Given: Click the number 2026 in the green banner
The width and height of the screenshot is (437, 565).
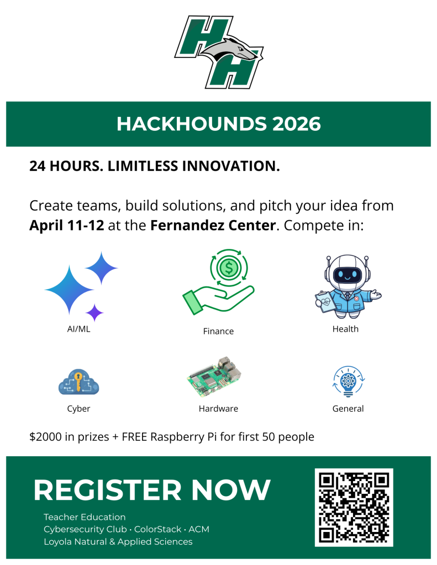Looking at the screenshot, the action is tap(297, 124).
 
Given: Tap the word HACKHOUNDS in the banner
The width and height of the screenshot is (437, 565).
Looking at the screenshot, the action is tap(192, 124).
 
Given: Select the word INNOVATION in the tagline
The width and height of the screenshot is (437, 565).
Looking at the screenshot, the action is tap(231, 166).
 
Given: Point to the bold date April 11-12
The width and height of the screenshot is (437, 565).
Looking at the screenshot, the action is tap(67, 226).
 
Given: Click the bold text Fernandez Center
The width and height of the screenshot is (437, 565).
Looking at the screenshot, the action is tap(213, 226).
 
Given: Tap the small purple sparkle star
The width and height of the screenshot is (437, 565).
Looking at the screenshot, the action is tap(94, 312).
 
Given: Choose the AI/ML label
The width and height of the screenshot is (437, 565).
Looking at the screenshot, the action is tap(78, 329).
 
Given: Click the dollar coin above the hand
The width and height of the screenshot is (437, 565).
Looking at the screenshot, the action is tap(229, 268).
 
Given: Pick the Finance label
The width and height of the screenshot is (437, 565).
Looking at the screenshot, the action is tap(218, 331).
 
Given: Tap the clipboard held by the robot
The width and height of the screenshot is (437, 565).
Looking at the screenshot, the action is tap(325, 301).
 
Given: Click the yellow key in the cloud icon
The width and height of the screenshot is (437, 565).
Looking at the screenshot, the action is tap(78, 381).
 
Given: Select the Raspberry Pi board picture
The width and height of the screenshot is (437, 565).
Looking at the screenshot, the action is tap(214, 376).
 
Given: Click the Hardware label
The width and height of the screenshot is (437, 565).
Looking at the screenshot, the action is tap(218, 409).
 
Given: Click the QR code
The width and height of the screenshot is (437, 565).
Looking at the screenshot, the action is tap(354, 508).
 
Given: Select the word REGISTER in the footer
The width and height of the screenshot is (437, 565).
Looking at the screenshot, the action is tap(107, 490).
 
